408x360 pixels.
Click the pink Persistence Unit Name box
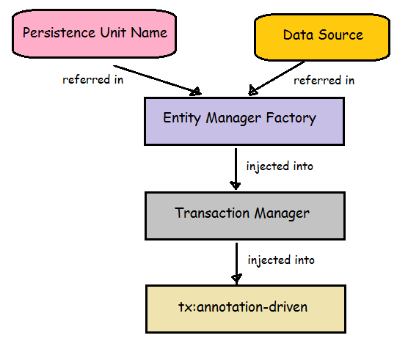click(95, 34)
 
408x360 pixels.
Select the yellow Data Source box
click(322, 37)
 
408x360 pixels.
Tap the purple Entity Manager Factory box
click(244, 122)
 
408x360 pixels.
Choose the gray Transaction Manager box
click(245, 216)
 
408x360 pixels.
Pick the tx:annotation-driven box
click(246, 309)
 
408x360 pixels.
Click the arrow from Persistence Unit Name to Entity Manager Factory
click(157, 80)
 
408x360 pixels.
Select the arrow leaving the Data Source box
click(277, 78)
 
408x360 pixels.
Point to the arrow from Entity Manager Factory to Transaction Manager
click(236, 169)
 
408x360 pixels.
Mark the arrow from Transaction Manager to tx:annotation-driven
click(236, 263)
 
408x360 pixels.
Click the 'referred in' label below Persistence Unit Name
click(93, 79)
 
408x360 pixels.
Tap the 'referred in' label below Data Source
click(324, 81)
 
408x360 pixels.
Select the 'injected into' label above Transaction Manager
click(280, 166)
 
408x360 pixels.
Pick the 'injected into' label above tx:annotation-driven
click(281, 260)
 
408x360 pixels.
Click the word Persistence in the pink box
click(59, 32)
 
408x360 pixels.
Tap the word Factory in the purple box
click(291, 119)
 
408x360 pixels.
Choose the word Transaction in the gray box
click(212, 213)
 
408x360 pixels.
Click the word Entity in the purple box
click(182, 118)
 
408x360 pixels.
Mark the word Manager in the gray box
click(282, 213)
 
